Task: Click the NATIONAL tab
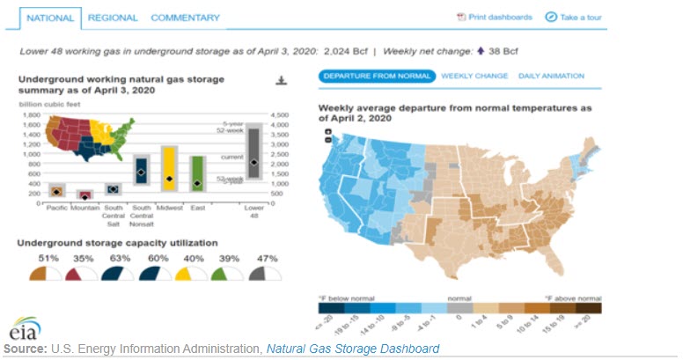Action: pos(49,18)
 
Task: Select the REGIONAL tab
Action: pos(112,18)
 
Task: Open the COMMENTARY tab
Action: pos(185,18)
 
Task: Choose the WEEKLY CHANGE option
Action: pos(474,76)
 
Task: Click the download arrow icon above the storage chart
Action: pos(282,81)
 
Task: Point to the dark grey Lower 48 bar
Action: pos(253,154)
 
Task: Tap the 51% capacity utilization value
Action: pos(49,258)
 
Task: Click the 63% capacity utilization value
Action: pos(113,258)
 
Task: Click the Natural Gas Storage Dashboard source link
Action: pos(352,349)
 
